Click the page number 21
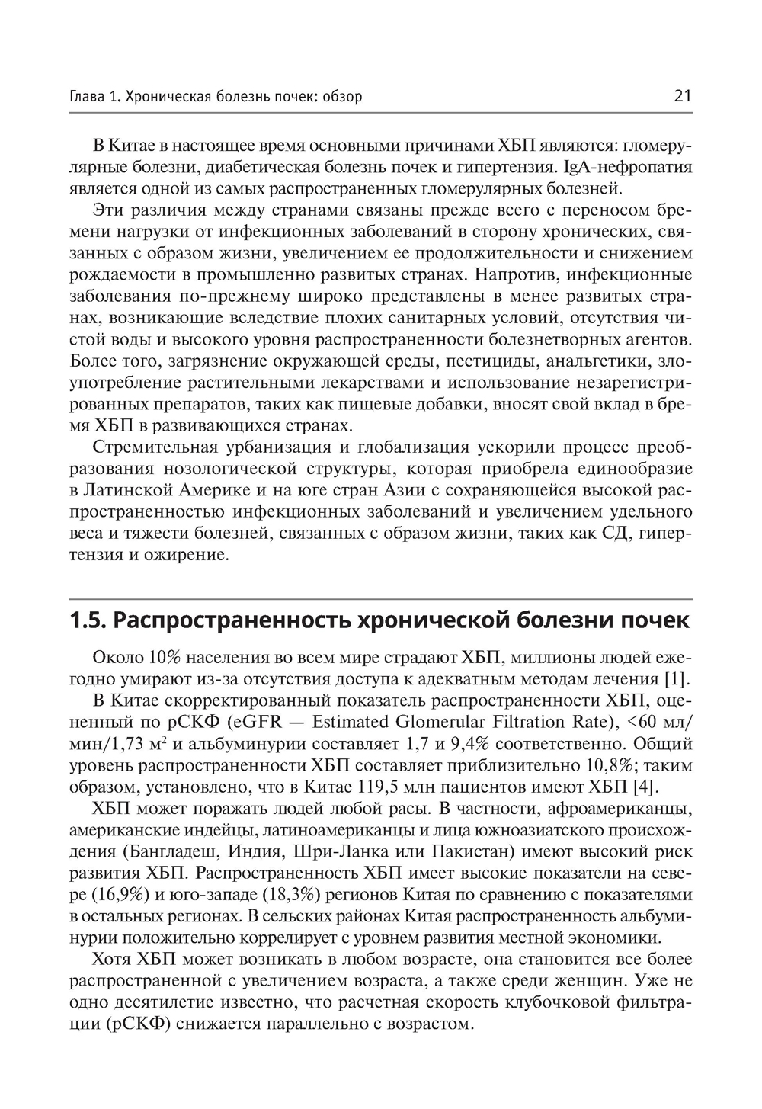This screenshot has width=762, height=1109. point(682,96)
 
